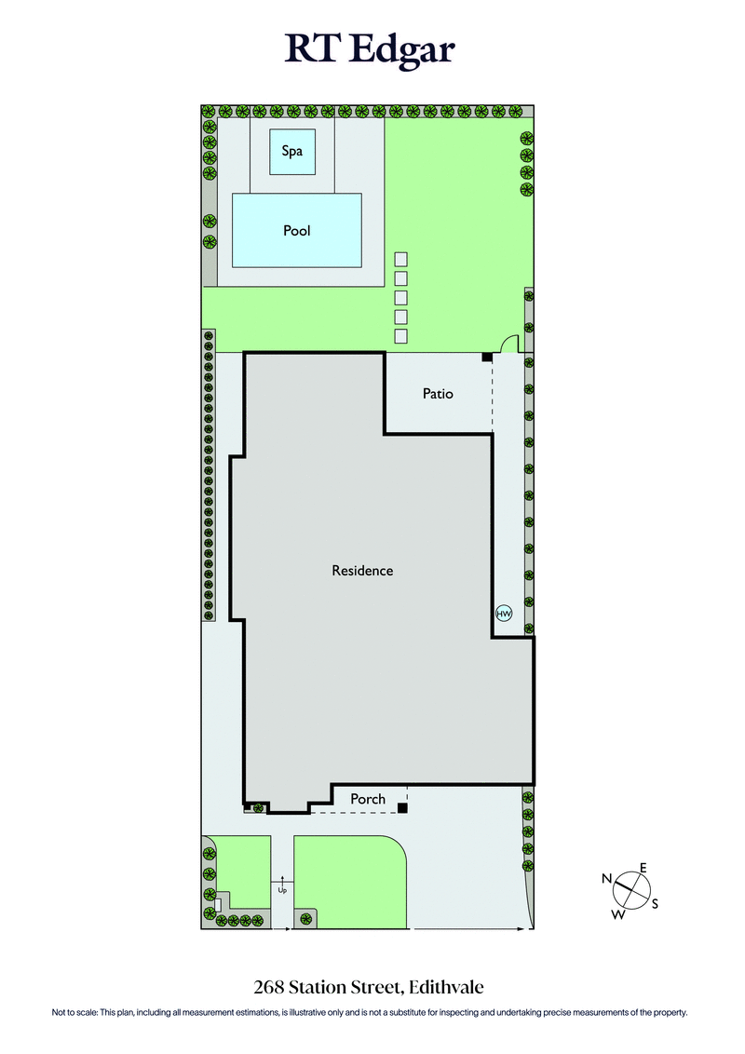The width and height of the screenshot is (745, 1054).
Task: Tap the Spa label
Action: point(292,151)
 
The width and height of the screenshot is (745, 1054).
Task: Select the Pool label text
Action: point(297,230)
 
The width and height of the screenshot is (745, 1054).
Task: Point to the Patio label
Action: point(438,394)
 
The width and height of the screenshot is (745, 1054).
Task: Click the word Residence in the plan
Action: point(362,570)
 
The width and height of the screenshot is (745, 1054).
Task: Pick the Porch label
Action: point(368,799)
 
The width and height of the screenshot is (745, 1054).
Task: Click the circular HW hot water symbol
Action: point(504,614)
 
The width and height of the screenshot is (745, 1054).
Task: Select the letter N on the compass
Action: point(606,878)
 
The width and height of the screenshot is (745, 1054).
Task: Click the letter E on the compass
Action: point(643,868)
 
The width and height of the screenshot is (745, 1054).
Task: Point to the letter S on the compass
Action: point(655,903)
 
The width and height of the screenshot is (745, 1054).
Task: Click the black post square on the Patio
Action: point(486,358)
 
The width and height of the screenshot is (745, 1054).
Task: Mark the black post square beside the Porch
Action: point(402,807)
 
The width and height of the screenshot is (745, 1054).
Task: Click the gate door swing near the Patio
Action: point(510,345)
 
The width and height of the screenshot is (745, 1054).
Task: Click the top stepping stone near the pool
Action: point(401,259)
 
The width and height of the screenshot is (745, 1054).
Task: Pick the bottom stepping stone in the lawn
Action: point(401,336)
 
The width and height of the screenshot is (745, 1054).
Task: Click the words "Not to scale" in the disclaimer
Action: point(74,1012)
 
